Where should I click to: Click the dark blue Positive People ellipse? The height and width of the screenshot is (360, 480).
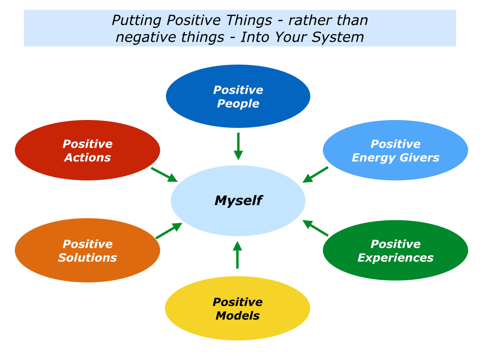[238, 96]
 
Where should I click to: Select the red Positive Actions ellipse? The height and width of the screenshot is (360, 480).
[88, 150]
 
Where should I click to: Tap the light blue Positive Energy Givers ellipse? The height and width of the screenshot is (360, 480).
[396, 150]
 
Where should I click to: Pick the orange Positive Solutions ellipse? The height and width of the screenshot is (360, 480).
[88, 250]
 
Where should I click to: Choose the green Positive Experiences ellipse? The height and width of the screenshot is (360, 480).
[396, 250]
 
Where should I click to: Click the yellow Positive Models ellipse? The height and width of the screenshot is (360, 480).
[238, 308]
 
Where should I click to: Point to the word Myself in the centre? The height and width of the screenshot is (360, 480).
[239, 201]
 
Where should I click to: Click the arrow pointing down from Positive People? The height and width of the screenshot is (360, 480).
[238, 146]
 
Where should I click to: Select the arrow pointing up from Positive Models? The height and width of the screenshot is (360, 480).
[238, 255]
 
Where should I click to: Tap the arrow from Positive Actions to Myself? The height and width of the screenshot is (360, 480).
[165, 174]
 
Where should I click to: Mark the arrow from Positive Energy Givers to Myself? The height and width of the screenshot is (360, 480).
[315, 174]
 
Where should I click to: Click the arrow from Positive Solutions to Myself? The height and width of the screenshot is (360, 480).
[169, 231]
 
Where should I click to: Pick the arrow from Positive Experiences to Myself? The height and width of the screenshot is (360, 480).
[315, 228]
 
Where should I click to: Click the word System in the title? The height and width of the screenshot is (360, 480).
[337, 37]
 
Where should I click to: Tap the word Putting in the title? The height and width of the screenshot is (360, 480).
[136, 21]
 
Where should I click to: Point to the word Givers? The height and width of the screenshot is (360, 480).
[420, 157]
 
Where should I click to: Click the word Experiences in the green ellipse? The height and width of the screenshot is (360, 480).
[396, 258]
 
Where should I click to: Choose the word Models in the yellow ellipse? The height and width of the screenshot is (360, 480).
[238, 315]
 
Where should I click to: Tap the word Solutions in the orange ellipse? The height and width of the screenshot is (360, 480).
[88, 257]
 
